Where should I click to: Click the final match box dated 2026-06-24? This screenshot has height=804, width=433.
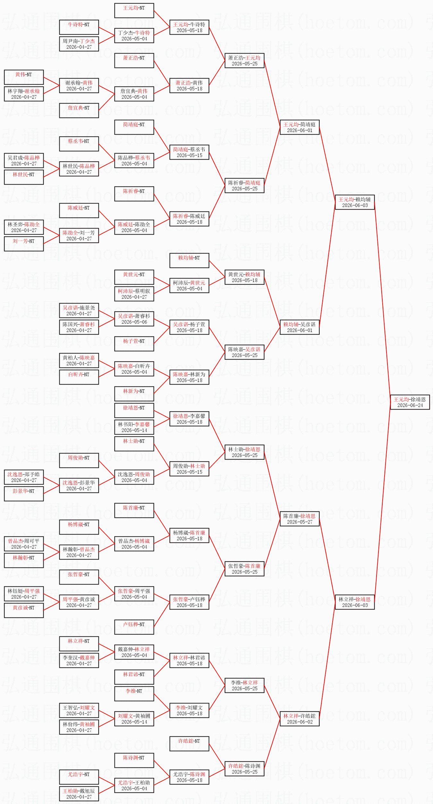(x=410, y=402)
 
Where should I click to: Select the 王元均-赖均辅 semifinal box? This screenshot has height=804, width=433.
(x=355, y=202)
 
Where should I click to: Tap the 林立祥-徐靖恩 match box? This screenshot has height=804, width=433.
(x=355, y=602)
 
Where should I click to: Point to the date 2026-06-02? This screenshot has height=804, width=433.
(x=300, y=722)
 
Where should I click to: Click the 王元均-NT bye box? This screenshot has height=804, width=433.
(x=134, y=10)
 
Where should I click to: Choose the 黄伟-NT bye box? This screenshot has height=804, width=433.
(x=24, y=77)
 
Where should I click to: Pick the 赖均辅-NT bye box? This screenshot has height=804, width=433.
(x=189, y=260)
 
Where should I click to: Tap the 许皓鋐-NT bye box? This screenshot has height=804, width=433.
(x=189, y=743)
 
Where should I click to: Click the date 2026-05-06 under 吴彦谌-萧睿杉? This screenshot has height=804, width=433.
(x=134, y=322)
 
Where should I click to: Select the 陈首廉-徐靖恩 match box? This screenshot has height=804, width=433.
(x=300, y=518)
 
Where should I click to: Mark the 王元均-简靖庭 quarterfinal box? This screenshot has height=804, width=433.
(x=300, y=127)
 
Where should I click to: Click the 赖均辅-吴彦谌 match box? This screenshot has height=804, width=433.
(x=300, y=327)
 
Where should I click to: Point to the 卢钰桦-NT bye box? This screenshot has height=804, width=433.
(x=134, y=627)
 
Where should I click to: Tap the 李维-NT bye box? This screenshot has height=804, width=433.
(x=134, y=693)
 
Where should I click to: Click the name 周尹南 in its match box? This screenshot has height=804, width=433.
(x=70, y=41)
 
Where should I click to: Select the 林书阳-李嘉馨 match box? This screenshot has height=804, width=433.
(x=134, y=427)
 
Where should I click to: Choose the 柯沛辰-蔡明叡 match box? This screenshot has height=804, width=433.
(x=134, y=294)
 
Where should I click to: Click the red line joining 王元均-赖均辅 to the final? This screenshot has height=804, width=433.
(x=382, y=302)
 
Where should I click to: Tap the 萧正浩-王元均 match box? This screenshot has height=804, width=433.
(x=244, y=60)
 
